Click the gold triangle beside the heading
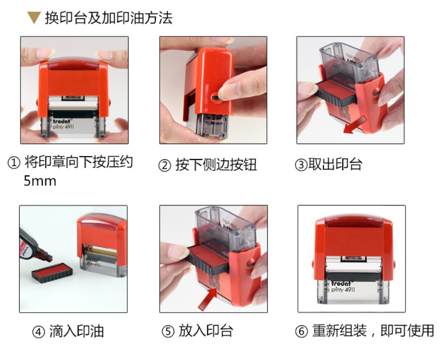(x=34, y=17)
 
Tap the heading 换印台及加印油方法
(x=109, y=18)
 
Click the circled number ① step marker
(x=14, y=163)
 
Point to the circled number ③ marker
(x=301, y=165)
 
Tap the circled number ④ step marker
(x=39, y=332)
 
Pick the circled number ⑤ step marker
(x=168, y=331)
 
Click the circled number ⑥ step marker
(x=301, y=331)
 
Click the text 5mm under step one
(x=40, y=181)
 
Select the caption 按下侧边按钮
(x=216, y=165)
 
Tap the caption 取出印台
(x=335, y=164)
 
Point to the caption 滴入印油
(x=77, y=331)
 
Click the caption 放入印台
(x=206, y=331)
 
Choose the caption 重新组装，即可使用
(x=373, y=330)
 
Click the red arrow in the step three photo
(x=355, y=125)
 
